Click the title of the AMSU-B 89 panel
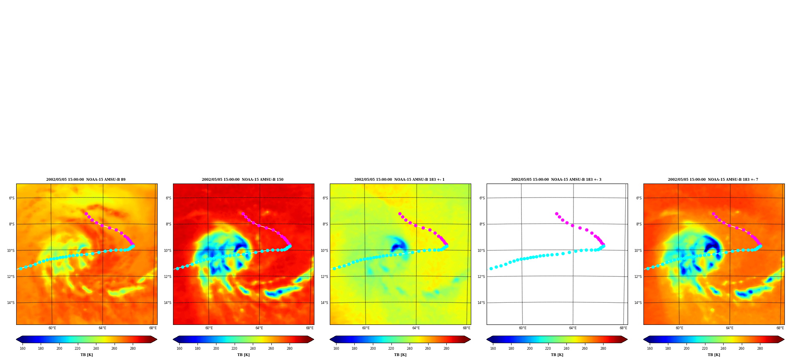tap(86, 180)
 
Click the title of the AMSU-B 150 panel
tap(243, 180)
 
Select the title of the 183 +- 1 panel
tap(399, 180)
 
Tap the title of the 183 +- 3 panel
tap(556, 180)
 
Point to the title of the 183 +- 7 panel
tap(713, 180)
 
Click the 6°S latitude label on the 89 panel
tap(11, 198)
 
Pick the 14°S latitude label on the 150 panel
tap(167, 303)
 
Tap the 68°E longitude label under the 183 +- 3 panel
tap(623, 328)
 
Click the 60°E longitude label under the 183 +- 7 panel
tap(679, 328)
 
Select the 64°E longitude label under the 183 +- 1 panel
tap(416, 328)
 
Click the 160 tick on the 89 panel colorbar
tap(23, 349)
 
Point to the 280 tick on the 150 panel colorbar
tap(290, 349)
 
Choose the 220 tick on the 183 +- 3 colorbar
tap(548, 349)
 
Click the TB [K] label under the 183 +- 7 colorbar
tap(714, 355)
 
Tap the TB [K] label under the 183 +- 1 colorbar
tap(400, 355)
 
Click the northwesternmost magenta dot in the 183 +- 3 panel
tap(557, 214)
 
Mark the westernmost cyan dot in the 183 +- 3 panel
tap(491, 268)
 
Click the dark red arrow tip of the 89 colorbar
tap(157, 339)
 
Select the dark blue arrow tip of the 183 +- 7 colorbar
tap(644, 339)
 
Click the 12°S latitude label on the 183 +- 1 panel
tap(324, 277)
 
